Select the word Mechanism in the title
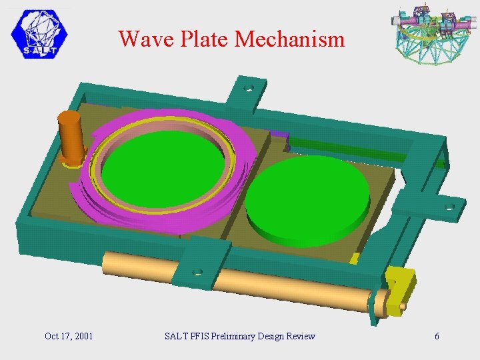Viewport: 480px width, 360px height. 290,39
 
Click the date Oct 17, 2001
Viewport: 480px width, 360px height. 69,336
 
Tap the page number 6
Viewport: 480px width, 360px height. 437,336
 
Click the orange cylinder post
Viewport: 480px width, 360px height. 69,137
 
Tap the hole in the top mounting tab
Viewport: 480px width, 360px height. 249,88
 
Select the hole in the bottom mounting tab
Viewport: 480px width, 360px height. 197,272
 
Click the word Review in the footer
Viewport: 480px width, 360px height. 300,336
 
